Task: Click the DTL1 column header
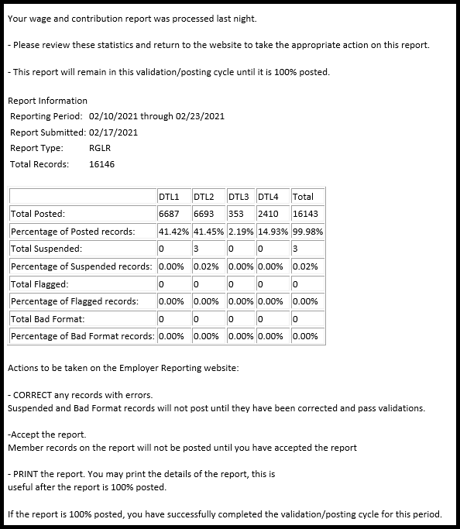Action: tap(170, 197)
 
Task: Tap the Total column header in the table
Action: tap(303, 197)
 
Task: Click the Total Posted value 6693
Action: tap(204, 214)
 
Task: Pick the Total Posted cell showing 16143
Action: tap(305, 214)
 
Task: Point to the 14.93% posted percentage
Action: tap(273, 232)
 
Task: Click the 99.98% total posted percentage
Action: tap(307, 232)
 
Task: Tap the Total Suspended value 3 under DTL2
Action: tap(197, 249)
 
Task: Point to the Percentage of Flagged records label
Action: tap(74, 301)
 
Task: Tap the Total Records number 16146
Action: tap(102, 164)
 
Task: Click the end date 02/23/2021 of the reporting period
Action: tap(198, 116)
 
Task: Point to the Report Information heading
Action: tap(47, 101)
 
